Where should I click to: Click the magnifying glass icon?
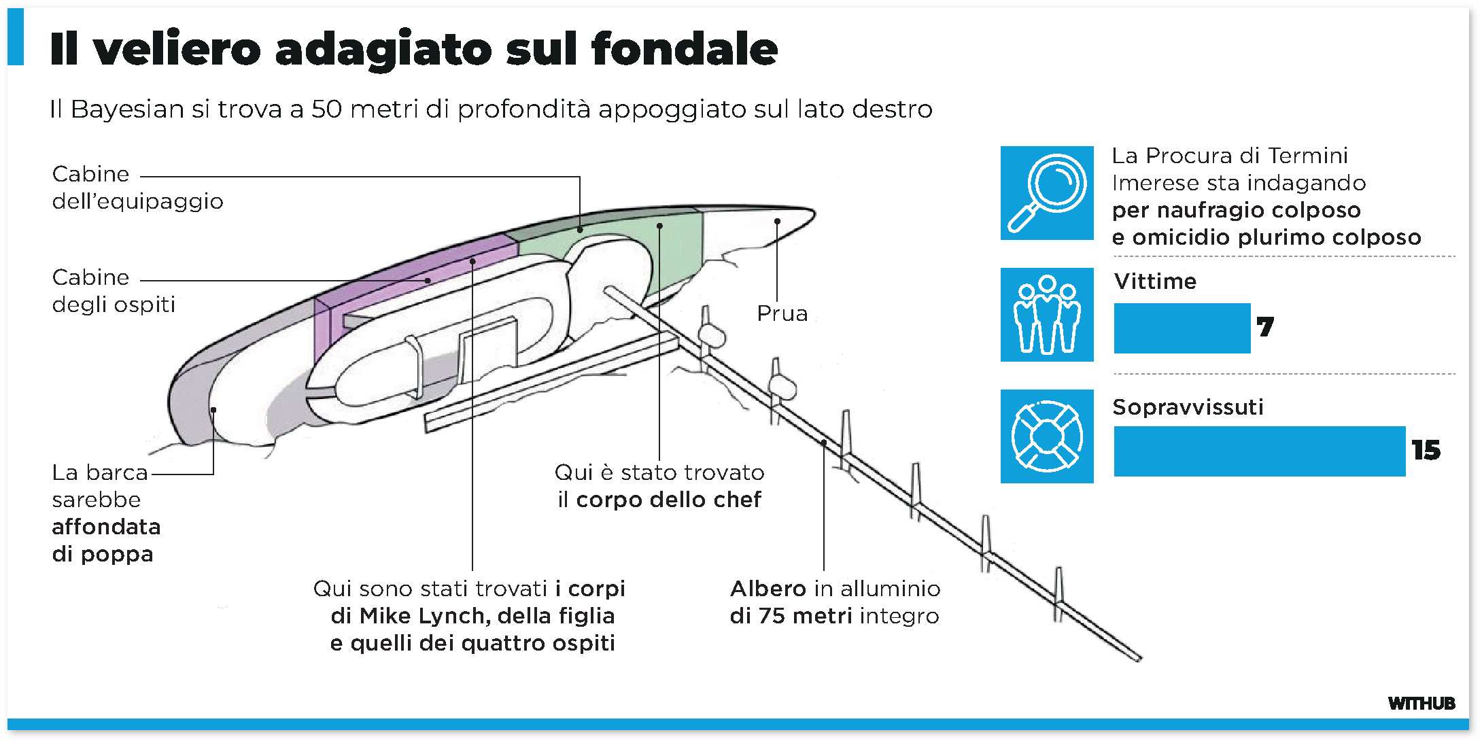click(1047, 193)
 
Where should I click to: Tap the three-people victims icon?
click(1047, 315)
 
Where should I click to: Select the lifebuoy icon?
click(1047, 436)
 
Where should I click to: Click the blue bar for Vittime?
click(1182, 328)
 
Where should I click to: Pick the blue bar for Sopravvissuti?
click(1259, 451)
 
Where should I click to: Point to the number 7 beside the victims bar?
click(1265, 328)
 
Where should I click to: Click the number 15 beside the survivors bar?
click(1426, 451)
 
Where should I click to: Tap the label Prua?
click(782, 313)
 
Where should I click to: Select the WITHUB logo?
click(1421, 704)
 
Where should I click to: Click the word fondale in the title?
click(684, 49)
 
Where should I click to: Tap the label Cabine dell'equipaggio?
click(136, 188)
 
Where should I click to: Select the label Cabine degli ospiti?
click(113, 291)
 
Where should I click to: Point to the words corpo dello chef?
click(668, 500)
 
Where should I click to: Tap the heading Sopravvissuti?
click(1188, 407)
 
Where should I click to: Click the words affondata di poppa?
click(106, 540)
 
